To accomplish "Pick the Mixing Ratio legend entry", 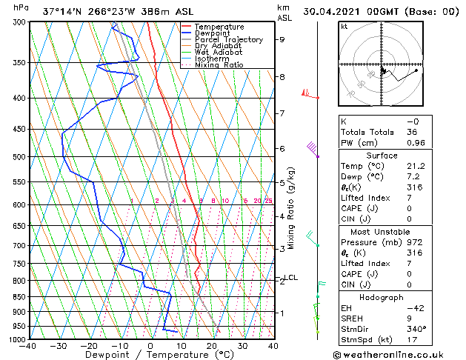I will pos(219,65).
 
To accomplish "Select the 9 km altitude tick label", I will pos(282,40).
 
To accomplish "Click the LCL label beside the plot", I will pos(290,278).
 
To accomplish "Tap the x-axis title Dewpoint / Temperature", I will pos(150,356).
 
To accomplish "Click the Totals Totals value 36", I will pos(413,132).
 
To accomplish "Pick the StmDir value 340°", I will pos(416,329).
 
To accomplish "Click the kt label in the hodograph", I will pos(344,27).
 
